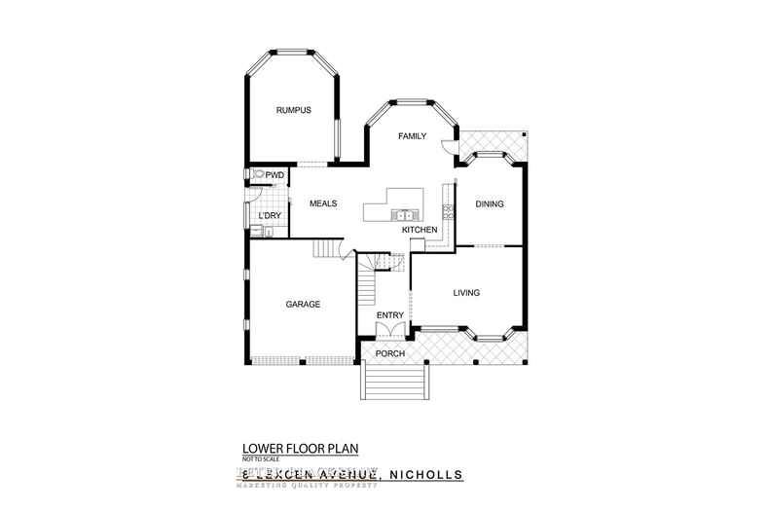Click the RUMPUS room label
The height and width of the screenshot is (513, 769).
293,110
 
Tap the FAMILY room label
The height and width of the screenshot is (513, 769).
412,137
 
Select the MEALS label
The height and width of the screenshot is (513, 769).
323,203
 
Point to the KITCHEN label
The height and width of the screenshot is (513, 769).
420,229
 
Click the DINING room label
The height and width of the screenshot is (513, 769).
490,203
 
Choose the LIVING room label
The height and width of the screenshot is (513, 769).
469,292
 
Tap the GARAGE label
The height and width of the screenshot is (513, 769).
303,304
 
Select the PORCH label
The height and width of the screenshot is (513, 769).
390,352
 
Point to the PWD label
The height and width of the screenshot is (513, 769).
275,175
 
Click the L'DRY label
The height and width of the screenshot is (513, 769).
269,215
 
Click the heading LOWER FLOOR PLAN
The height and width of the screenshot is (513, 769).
301,448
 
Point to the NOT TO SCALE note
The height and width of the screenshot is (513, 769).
261,458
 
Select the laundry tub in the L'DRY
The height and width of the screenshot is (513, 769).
257,231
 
